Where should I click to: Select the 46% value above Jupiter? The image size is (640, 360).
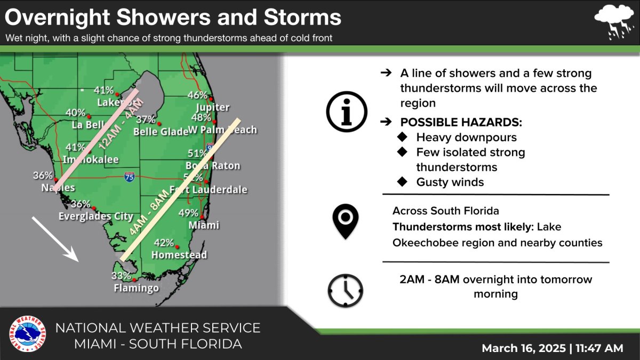coord(197,95)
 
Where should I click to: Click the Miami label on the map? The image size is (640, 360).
coord(204,225)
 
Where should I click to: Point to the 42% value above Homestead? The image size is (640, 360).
coord(164,243)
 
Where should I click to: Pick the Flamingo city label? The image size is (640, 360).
coord(136,289)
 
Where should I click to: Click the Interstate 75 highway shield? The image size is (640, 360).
coord(129,178)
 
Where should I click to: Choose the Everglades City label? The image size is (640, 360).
coord(95,217)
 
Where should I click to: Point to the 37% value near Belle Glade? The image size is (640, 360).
coord(146,119)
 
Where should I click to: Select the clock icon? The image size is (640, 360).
coord(345,291)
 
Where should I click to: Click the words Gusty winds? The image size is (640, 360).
coord(450,182)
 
